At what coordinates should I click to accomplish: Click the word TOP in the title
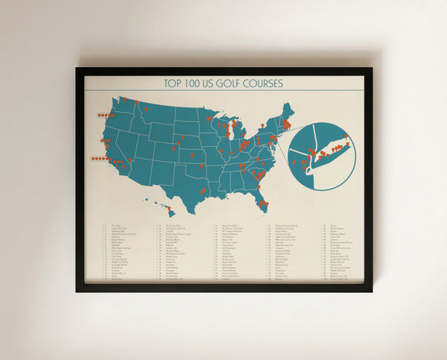[174, 83]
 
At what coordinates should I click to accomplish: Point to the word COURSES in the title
[263, 83]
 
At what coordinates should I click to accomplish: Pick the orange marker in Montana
[146, 109]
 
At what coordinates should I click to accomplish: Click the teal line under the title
[223, 90]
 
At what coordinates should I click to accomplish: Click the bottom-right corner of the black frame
[370, 290]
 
